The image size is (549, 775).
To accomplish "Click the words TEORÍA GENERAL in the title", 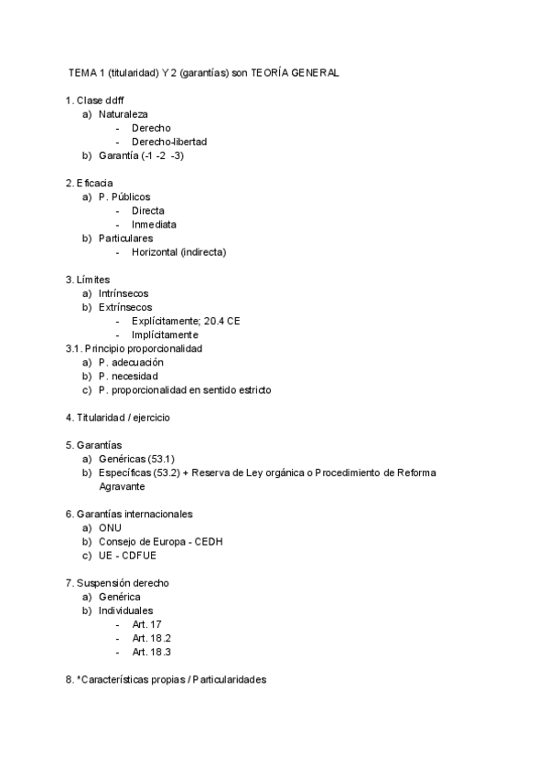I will (294, 73).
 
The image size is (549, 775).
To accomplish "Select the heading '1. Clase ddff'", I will (95, 101).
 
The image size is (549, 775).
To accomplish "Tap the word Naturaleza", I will (124, 114).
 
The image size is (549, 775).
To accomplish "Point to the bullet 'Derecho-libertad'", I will (169, 142).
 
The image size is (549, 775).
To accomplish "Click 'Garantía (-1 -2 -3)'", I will (142, 155).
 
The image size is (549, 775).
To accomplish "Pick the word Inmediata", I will (154, 224).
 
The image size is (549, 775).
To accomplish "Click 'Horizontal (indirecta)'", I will (178, 251).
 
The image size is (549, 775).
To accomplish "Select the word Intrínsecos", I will (124, 292).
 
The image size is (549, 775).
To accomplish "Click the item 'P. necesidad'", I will (128, 376).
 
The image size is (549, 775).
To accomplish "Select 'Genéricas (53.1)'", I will (136, 459).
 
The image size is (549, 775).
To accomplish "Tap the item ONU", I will (110, 527).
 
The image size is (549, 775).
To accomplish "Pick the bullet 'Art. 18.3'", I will (152, 652).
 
